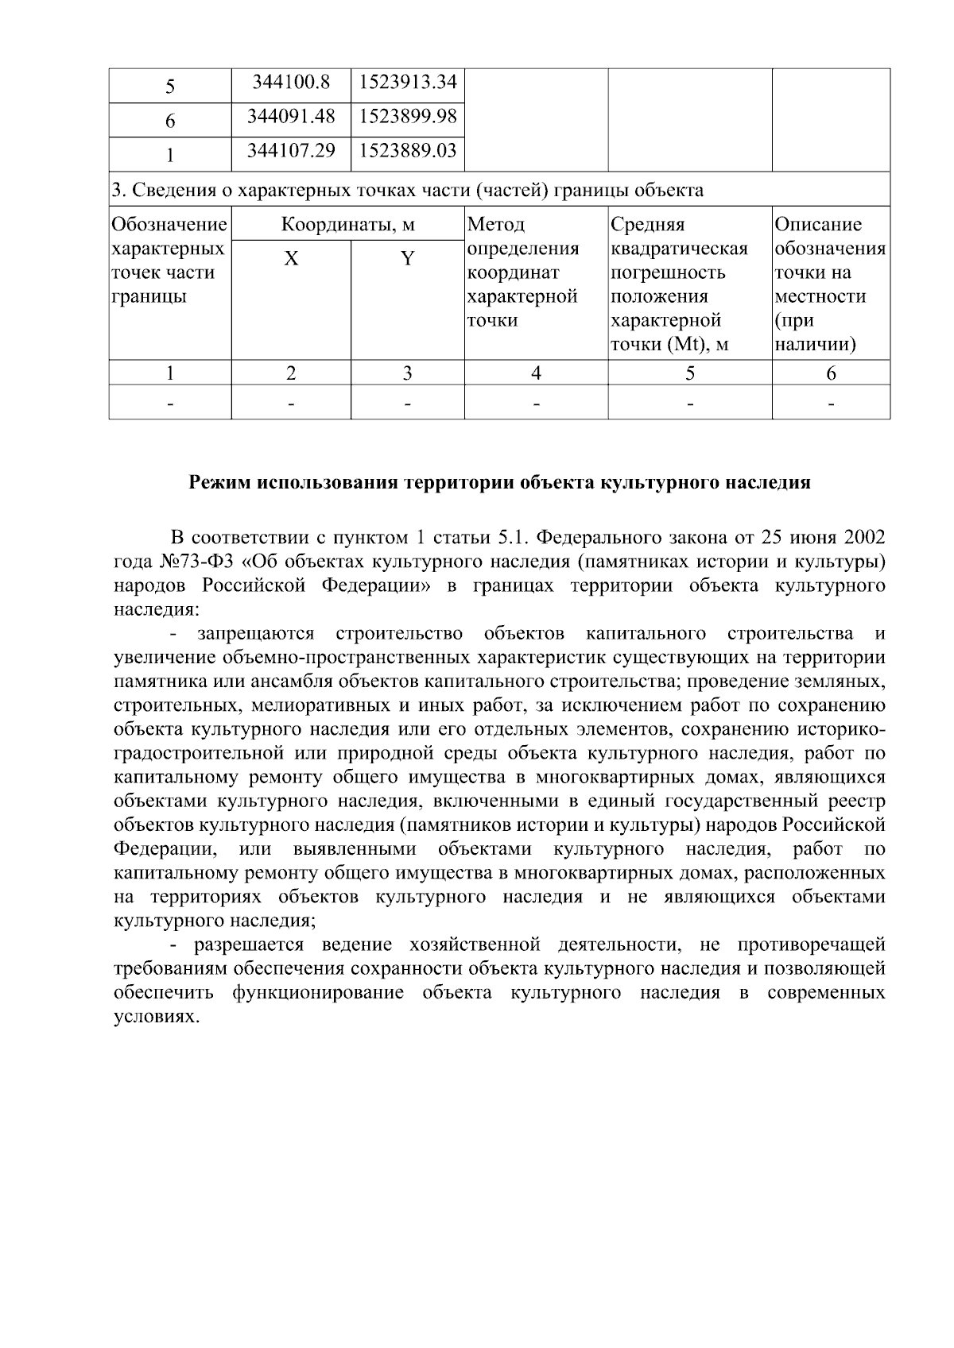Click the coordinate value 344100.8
tap(290, 82)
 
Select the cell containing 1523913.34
tap(407, 82)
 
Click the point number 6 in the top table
tap(170, 121)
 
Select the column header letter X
tap(292, 259)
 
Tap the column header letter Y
tap(407, 259)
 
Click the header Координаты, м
tap(348, 225)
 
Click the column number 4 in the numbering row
tap(536, 373)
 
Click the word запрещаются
tap(256, 634)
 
